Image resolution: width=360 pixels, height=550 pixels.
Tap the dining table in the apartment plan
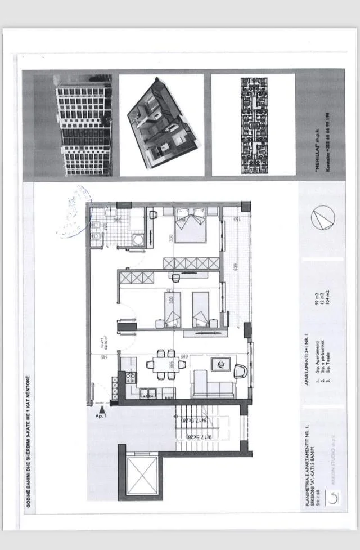pyautogui.click(x=166, y=364)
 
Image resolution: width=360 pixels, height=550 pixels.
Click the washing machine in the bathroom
pyautogui.click(x=138, y=240)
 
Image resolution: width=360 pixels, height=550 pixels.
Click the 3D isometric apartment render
pyautogui.click(x=162, y=125)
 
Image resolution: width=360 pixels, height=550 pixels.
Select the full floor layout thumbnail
pyautogui.click(x=254, y=125)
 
